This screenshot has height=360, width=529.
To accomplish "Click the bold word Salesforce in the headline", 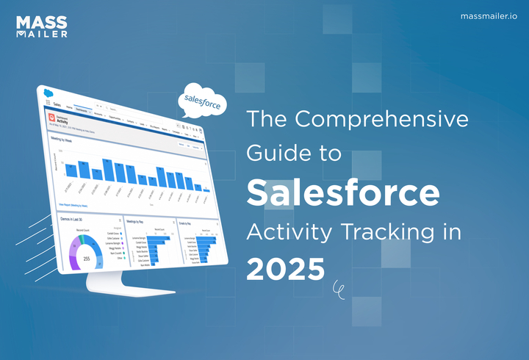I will [x=342, y=192].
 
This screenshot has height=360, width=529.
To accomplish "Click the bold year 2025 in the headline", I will [x=285, y=269].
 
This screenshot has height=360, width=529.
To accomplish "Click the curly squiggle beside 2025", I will [x=338, y=289].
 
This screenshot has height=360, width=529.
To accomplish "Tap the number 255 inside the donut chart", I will [x=86, y=259].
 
